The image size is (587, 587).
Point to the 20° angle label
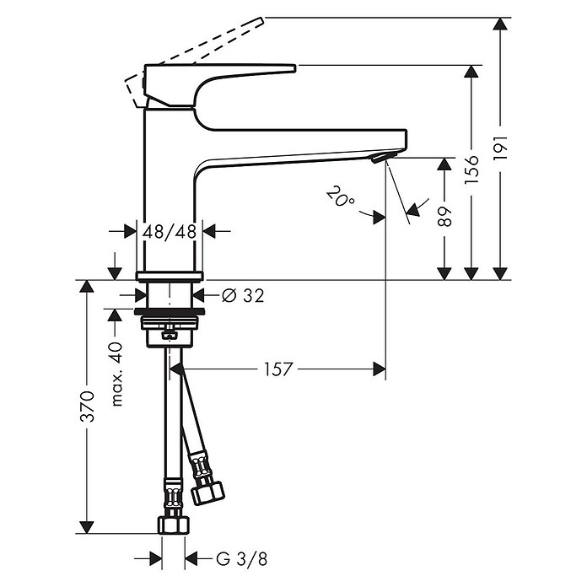tap(342, 199)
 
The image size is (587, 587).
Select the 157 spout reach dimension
tap(278, 369)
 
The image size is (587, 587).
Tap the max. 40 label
tap(116, 373)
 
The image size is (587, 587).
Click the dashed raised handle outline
tap(202, 51)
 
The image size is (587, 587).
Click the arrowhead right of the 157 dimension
tap(379, 369)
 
